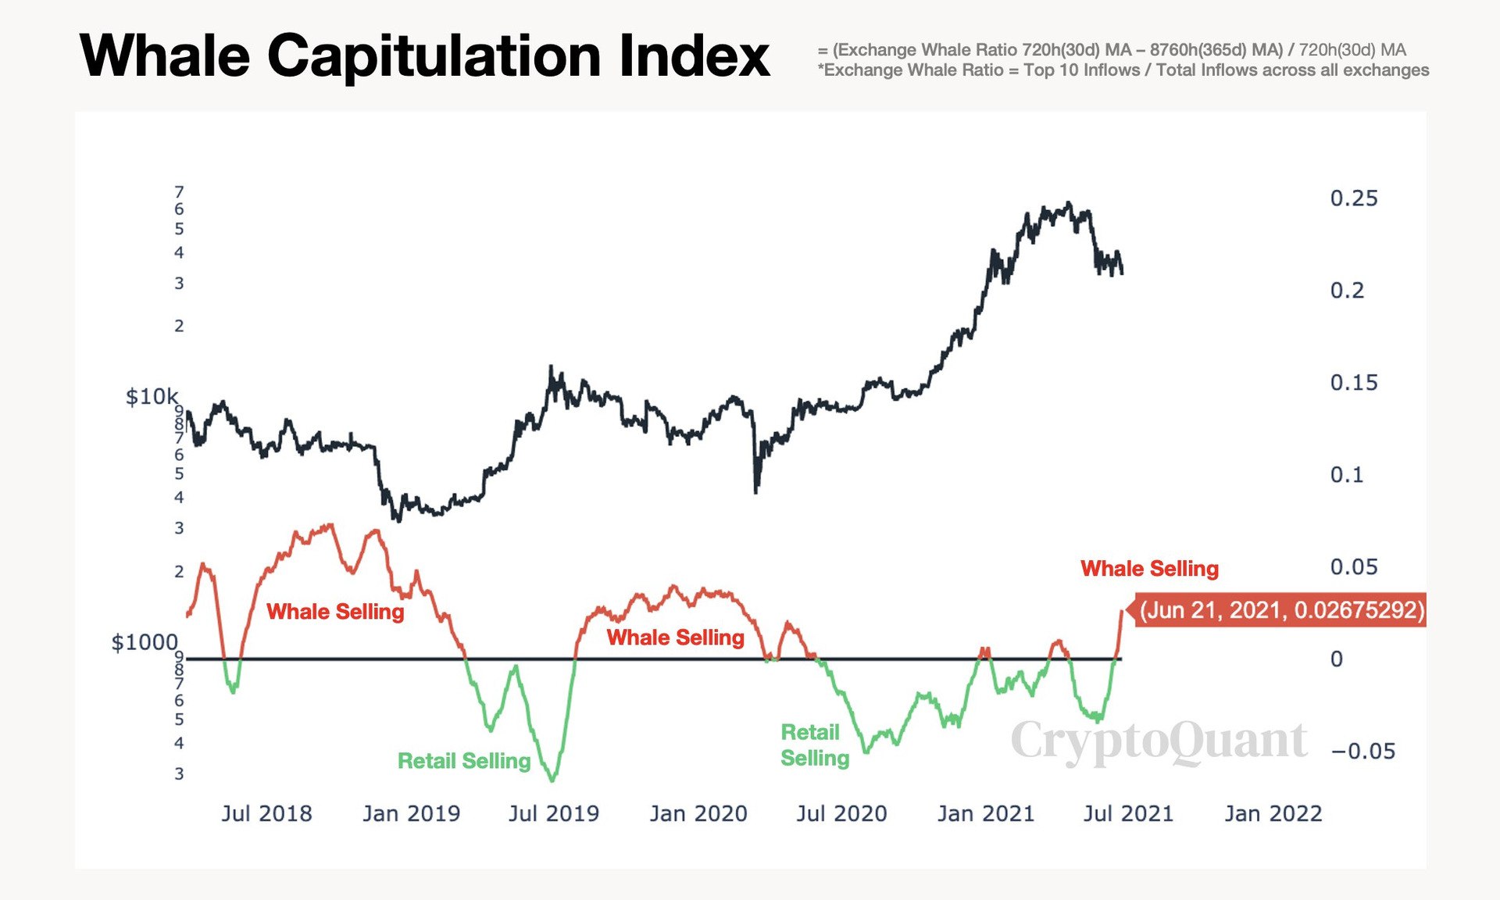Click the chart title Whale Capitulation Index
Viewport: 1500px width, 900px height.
pos(424,56)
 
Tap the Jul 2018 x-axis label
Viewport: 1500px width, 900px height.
pos(266,814)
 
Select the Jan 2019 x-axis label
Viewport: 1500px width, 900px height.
pos(411,814)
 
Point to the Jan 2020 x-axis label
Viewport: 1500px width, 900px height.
pos(698,814)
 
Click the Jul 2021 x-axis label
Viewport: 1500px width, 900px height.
pos(1128,814)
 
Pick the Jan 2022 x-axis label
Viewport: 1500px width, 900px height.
pos(1273,814)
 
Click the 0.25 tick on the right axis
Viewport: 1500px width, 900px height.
pos(1353,198)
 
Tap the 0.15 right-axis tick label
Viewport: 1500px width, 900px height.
pos(1353,383)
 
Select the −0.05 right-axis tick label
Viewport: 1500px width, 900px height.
pos(1363,752)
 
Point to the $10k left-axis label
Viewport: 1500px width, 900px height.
pos(152,397)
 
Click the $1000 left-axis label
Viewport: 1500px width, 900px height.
pos(145,642)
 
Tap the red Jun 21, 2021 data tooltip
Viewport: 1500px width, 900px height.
pos(1281,609)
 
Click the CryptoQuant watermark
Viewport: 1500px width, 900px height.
pos(1159,741)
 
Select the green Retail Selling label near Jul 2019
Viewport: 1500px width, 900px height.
pos(464,761)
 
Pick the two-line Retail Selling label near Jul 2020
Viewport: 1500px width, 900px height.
pos(814,745)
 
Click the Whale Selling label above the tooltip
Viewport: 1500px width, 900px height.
pos(1149,569)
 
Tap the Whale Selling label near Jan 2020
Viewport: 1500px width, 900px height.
pos(675,637)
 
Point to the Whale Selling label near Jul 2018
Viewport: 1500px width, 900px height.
pos(335,612)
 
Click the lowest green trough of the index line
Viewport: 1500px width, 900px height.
pos(552,779)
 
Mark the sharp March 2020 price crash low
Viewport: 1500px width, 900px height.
pos(755,491)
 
